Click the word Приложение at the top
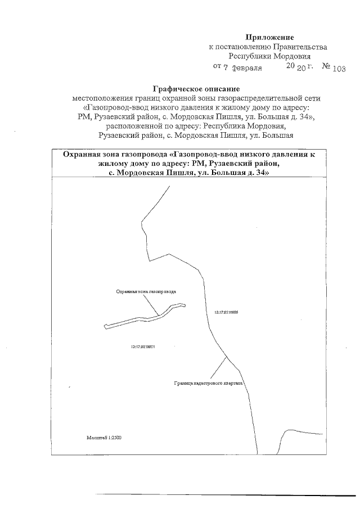[x=269, y=37]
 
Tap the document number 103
[x=339, y=68]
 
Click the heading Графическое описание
[x=196, y=88]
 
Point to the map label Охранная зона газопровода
[x=146, y=292]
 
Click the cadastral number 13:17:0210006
[x=227, y=312]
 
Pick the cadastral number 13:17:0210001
[x=142, y=346]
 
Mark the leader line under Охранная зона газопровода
[x=150, y=304]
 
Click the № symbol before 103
[x=326, y=67]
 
